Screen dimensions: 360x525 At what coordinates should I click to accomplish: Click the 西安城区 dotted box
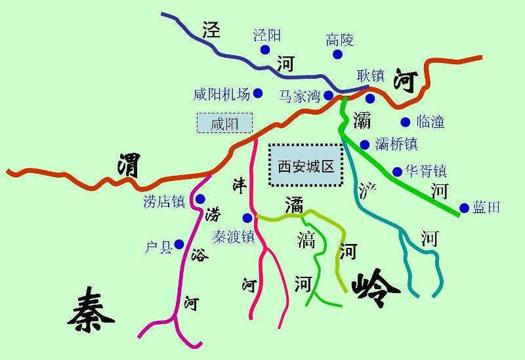(x=306, y=167)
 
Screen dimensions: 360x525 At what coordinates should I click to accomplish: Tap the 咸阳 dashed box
(x=224, y=123)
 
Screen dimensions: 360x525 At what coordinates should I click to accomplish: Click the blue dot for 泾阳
(x=265, y=50)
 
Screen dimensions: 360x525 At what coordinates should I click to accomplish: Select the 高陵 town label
(x=339, y=40)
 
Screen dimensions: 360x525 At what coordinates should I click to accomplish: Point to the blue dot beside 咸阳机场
(x=258, y=93)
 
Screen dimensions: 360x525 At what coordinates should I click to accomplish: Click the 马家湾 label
(x=299, y=96)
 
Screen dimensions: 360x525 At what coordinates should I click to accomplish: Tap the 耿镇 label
(x=370, y=75)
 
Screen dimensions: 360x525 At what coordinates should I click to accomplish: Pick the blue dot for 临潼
(x=405, y=121)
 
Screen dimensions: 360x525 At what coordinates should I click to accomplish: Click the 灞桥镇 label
(x=396, y=144)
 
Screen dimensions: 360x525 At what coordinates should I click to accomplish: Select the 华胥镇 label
(x=425, y=171)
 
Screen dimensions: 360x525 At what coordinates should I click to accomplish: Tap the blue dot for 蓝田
(x=465, y=208)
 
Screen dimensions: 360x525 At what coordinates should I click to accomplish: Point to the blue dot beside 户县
(x=178, y=245)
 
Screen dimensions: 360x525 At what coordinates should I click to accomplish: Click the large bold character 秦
(x=91, y=312)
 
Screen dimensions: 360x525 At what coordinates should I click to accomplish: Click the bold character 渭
(x=129, y=165)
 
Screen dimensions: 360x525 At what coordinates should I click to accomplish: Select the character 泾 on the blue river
(x=212, y=30)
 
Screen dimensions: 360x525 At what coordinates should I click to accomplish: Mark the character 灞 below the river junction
(x=362, y=120)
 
